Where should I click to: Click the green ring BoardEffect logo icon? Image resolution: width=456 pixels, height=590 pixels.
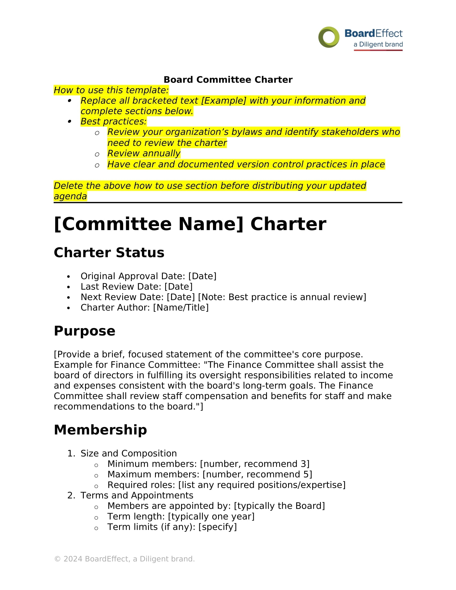329,37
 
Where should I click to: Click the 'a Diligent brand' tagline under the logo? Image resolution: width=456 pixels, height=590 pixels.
378,44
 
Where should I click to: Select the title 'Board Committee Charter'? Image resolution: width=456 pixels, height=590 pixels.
228,80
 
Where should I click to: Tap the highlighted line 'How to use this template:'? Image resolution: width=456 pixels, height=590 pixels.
111,90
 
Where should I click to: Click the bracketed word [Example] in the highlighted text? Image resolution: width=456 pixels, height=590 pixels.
224,101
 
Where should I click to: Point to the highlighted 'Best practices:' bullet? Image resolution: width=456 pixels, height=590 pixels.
113,121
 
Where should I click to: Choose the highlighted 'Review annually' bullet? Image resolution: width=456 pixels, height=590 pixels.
144,153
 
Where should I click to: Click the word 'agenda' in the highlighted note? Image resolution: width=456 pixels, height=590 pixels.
70,196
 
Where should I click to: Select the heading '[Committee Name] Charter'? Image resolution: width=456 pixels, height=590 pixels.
190,224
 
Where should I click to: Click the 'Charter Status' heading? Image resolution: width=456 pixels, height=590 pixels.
109,253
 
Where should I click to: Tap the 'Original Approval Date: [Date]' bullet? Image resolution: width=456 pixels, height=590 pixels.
148,276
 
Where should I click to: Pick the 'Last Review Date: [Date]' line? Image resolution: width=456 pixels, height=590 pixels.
137,287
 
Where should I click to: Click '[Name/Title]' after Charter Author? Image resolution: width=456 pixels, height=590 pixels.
181,307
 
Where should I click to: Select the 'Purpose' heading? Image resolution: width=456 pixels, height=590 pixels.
84,331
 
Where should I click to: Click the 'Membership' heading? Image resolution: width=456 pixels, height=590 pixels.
100,430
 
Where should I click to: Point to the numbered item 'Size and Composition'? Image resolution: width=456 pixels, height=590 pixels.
128,453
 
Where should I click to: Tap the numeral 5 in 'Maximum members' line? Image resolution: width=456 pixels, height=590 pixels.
306,474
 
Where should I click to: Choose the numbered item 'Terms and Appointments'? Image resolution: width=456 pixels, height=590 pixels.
137,495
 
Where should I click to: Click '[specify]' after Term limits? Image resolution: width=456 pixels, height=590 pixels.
218,527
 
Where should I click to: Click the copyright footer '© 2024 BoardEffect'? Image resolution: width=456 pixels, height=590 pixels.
124,559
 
